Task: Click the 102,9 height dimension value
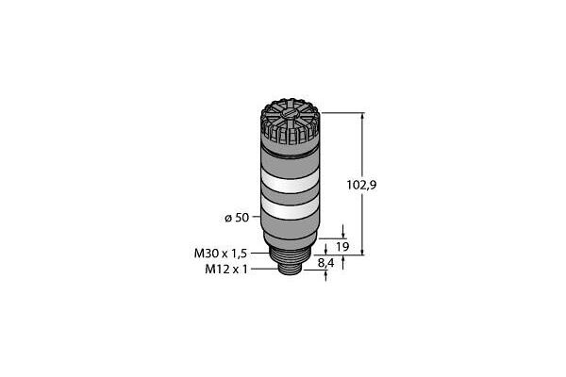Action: point(361,185)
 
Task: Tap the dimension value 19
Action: point(342,247)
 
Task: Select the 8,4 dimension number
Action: point(326,263)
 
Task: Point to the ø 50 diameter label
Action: point(237,218)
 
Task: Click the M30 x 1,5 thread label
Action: point(221,254)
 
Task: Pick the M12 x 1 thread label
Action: point(226,270)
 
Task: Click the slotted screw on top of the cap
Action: point(290,115)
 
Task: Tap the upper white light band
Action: point(291,182)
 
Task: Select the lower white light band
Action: point(291,209)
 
